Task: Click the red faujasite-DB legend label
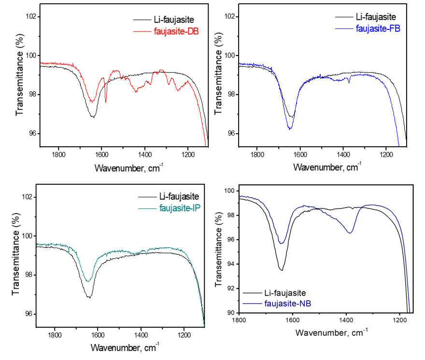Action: point(176,31)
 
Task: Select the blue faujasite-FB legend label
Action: point(378,28)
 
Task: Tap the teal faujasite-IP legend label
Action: point(180,208)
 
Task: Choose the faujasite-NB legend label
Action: point(287,304)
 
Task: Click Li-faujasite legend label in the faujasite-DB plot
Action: point(174,19)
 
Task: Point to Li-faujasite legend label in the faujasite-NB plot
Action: point(285,293)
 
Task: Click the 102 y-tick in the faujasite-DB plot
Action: point(31,16)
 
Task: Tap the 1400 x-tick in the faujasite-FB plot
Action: point(343,155)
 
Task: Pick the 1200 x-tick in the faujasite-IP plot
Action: point(184,335)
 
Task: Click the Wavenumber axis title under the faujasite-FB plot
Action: point(327,166)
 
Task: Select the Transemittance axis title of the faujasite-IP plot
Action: point(16,254)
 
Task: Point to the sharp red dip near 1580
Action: point(106,102)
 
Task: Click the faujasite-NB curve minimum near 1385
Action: point(350,233)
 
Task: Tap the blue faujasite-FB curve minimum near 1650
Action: point(290,129)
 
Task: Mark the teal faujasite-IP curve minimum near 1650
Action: point(88,281)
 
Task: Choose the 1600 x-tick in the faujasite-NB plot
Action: point(293,320)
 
